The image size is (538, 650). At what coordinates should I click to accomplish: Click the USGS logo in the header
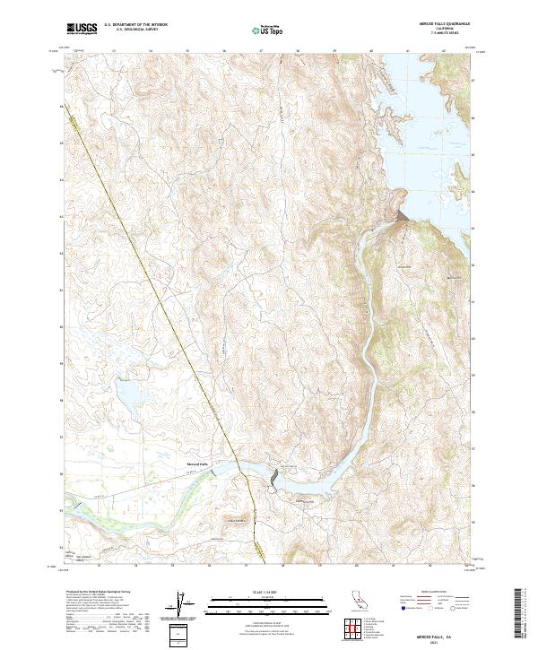82,29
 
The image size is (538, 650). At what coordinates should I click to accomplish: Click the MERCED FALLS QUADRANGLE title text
446,24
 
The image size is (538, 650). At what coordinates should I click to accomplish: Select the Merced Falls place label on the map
197,464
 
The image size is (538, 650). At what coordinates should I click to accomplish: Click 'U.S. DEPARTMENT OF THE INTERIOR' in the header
135,25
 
